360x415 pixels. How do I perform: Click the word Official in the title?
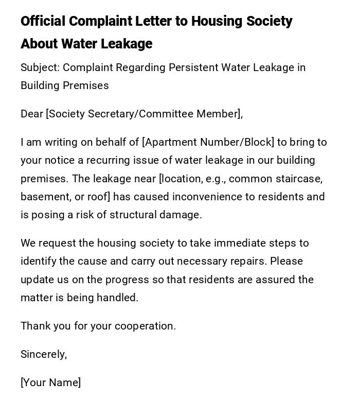tap(43, 21)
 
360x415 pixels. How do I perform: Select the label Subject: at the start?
tap(40, 67)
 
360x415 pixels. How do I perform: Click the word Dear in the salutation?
tap(32, 114)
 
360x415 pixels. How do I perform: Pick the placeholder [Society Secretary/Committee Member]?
tap(143, 114)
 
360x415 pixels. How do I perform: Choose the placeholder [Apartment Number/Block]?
tap(208, 142)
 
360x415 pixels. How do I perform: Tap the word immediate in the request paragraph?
tap(240, 243)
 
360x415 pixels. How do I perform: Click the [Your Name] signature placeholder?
tap(50, 383)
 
